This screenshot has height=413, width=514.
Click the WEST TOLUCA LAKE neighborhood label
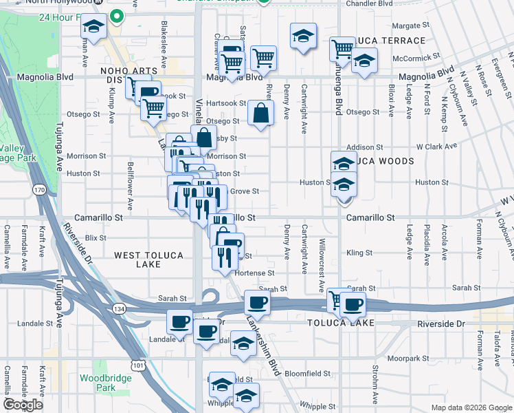(x=148, y=260)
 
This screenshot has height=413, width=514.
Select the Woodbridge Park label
(x=96, y=383)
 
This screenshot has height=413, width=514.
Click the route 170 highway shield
(x=40, y=189)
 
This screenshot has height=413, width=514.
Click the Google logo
(x=23, y=405)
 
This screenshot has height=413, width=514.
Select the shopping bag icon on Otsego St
(x=261, y=114)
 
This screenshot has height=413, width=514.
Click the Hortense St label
(x=255, y=273)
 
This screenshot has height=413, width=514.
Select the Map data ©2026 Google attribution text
(x=471, y=407)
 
